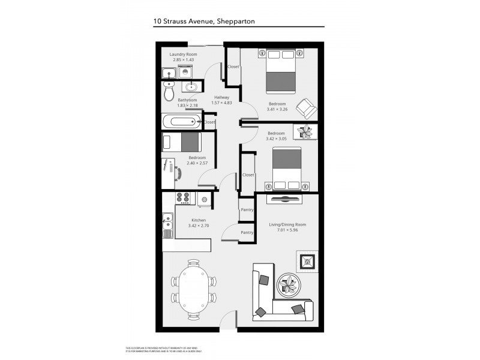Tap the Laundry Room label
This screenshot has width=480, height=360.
tap(183, 55)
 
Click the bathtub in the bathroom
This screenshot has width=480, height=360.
tap(182, 122)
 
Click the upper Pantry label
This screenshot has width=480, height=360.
tap(247, 210)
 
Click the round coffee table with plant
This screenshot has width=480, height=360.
tap(288, 284)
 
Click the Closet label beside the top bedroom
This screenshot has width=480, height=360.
tap(233, 67)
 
